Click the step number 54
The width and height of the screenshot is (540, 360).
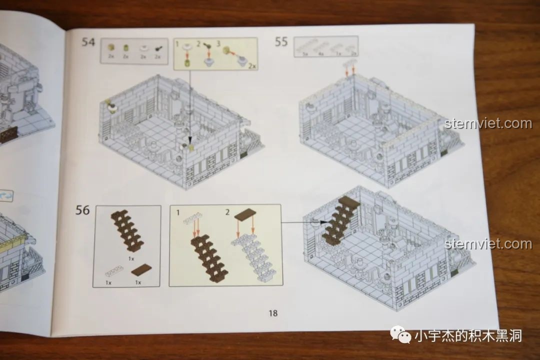[88, 42]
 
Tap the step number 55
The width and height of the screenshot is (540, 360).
[281, 41]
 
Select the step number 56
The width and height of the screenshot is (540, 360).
[82, 210]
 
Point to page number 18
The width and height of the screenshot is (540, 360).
[272, 313]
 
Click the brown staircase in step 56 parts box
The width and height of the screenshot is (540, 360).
[128, 230]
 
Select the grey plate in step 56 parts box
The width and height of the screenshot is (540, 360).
[112, 271]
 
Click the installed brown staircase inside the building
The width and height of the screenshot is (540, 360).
[340, 220]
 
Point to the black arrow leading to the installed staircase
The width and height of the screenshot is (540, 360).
[303, 221]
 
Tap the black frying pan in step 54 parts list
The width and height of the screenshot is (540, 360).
[158, 48]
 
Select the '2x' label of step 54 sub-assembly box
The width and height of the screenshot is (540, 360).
[252, 65]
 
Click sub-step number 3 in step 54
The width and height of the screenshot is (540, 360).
[218, 43]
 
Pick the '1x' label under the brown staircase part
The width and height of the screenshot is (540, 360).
[131, 259]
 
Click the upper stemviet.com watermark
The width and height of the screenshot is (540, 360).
[487, 123]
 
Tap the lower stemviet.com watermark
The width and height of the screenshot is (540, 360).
[487, 244]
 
